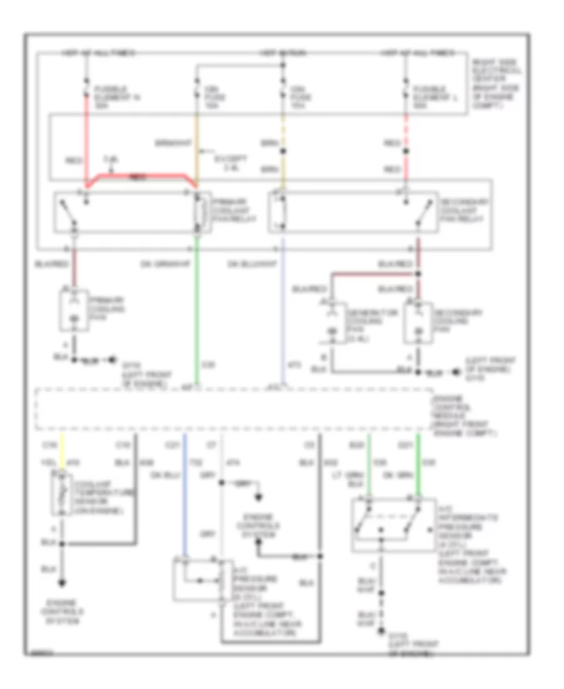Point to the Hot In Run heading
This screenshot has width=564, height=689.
tap(283, 54)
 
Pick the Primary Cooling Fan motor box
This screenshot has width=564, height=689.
tap(75, 309)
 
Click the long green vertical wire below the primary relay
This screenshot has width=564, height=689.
tap(197, 313)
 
